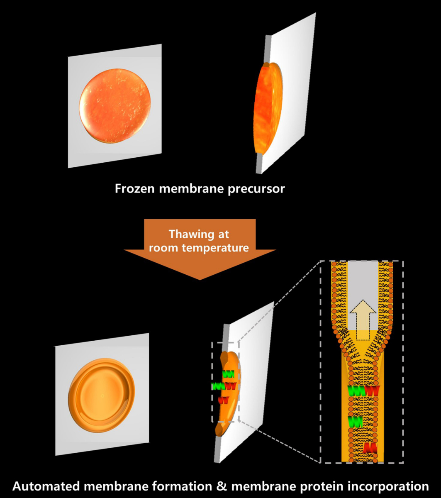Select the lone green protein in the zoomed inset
pos(356,422)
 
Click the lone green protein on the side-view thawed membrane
pos(228,373)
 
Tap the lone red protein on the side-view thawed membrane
pos(224,400)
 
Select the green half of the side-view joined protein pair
pos(218,386)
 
